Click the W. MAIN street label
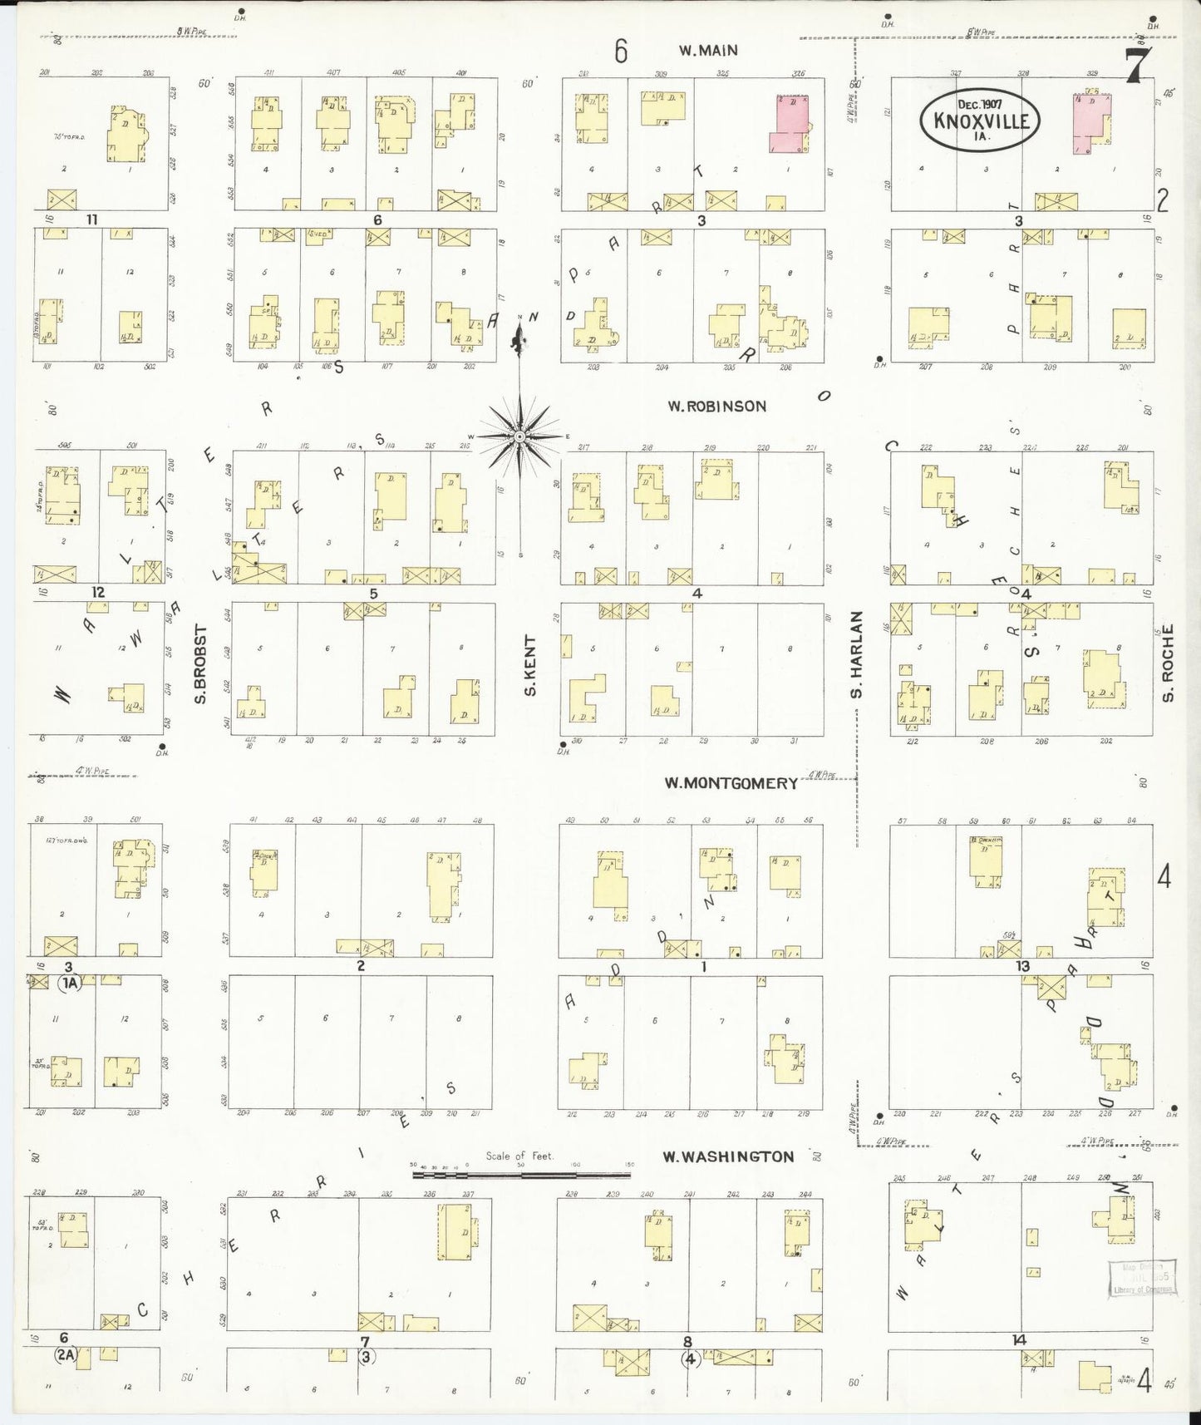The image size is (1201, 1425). pos(708,51)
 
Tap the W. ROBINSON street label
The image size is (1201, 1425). pos(716,407)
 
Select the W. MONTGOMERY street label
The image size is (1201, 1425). pos(731,783)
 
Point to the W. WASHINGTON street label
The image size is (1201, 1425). pos(727,1156)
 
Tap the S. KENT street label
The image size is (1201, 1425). pos(530,665)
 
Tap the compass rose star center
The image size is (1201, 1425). pos(519,436)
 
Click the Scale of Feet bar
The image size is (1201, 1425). pos(520,1175)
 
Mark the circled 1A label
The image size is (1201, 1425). pos(69,983)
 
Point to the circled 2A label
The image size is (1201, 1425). pos(66,1355)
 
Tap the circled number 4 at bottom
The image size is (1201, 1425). pos(690,1360)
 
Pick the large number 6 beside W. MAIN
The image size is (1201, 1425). pos(620,52)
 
